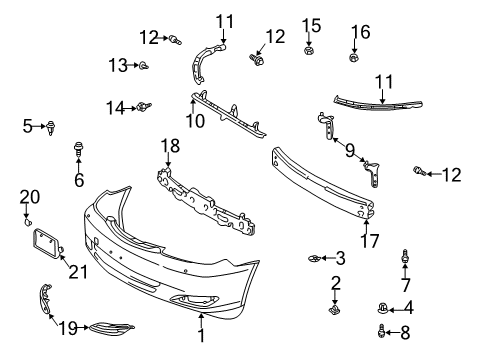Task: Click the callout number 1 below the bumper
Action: coord(201,336)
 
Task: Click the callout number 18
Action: coord(170,146)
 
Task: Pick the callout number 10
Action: coord(197,122)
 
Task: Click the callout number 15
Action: coord(311,24)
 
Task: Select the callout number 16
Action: coord(360,33)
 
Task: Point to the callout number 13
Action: coord(118,65)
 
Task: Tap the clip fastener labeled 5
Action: coord(51,126)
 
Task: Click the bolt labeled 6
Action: coord(78,152)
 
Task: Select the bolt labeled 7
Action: coord(406,258)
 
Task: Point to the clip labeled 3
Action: coord(314,259)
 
